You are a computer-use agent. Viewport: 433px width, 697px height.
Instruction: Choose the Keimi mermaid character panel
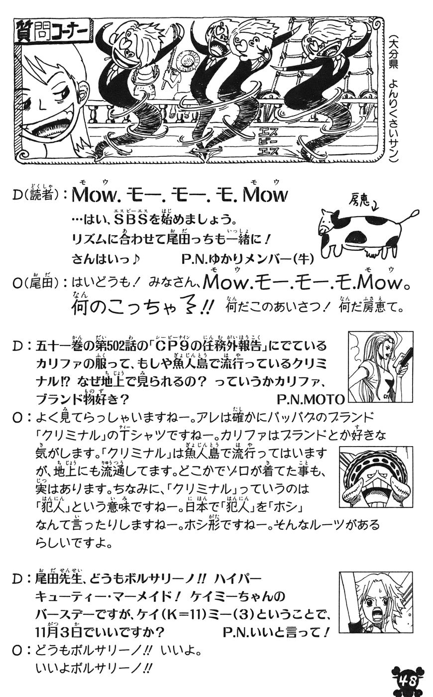click(x=376, y=602)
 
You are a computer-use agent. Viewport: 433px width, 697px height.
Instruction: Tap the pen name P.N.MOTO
click(x=310, y=399)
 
